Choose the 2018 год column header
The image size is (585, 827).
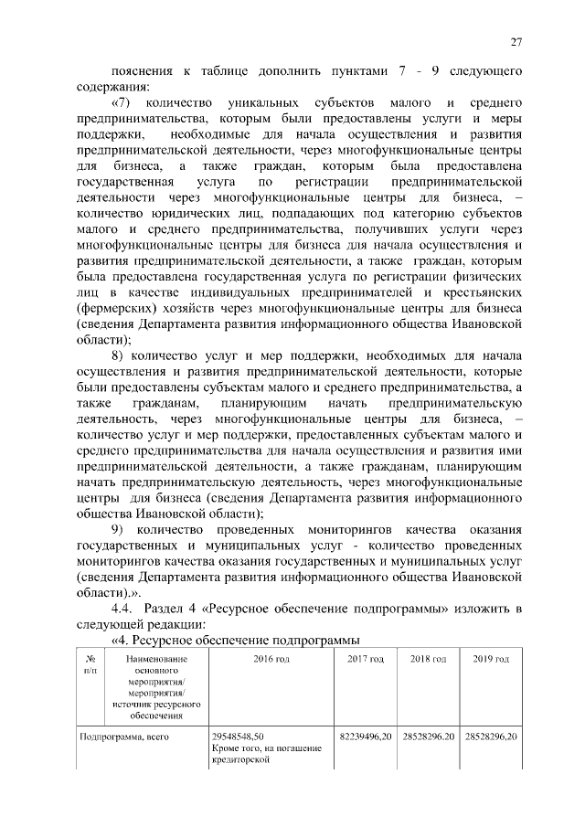pos(428,659)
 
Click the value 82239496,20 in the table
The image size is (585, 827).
pos(366,736)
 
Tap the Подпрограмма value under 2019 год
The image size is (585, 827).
pos(491,736)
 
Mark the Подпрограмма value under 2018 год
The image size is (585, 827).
pos(428,736)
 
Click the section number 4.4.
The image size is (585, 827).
pos(122,610)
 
